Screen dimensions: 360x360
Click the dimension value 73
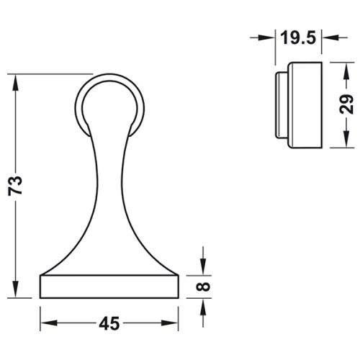[x=15, y=186]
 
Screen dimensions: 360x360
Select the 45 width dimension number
[x=109, y=323]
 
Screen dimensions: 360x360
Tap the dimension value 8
[x=203, y=287]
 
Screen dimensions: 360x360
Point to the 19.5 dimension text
[x=298, y=37]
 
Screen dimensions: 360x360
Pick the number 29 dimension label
[x=346, y=104]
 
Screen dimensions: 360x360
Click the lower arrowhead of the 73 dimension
[x=16, y=289]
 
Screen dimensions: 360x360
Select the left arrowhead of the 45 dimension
[x=49, y=323]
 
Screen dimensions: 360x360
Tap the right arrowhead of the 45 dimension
[x=170, y=323]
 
